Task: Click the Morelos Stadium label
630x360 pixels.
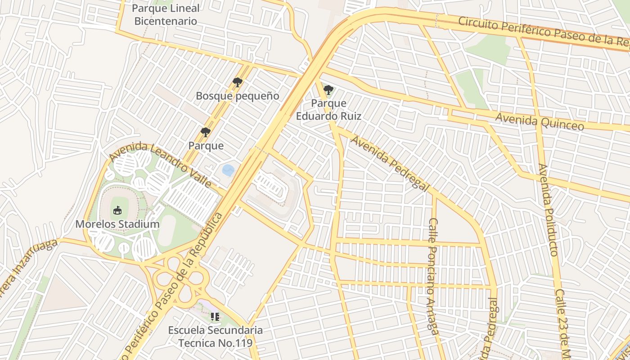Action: point(117,224)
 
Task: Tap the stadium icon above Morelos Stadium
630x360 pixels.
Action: point(117,210)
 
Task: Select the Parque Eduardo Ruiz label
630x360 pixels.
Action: point(328,109)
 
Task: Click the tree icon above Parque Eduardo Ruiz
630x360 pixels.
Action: point(328,90)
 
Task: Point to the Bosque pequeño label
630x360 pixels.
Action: point(237,96)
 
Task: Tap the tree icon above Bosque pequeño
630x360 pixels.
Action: point(237,82)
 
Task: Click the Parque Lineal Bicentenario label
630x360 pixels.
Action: point(166,14)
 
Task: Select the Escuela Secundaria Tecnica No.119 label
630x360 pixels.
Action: point(215,336)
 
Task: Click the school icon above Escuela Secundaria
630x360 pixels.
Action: point(215,317)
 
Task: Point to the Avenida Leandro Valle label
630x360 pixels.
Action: point(160,165)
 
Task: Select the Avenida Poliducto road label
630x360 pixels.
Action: point(548,209)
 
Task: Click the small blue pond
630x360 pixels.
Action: point(228,170)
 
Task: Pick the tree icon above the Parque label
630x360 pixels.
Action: point(206,132)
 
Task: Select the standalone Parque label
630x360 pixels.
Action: point(206,145)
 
